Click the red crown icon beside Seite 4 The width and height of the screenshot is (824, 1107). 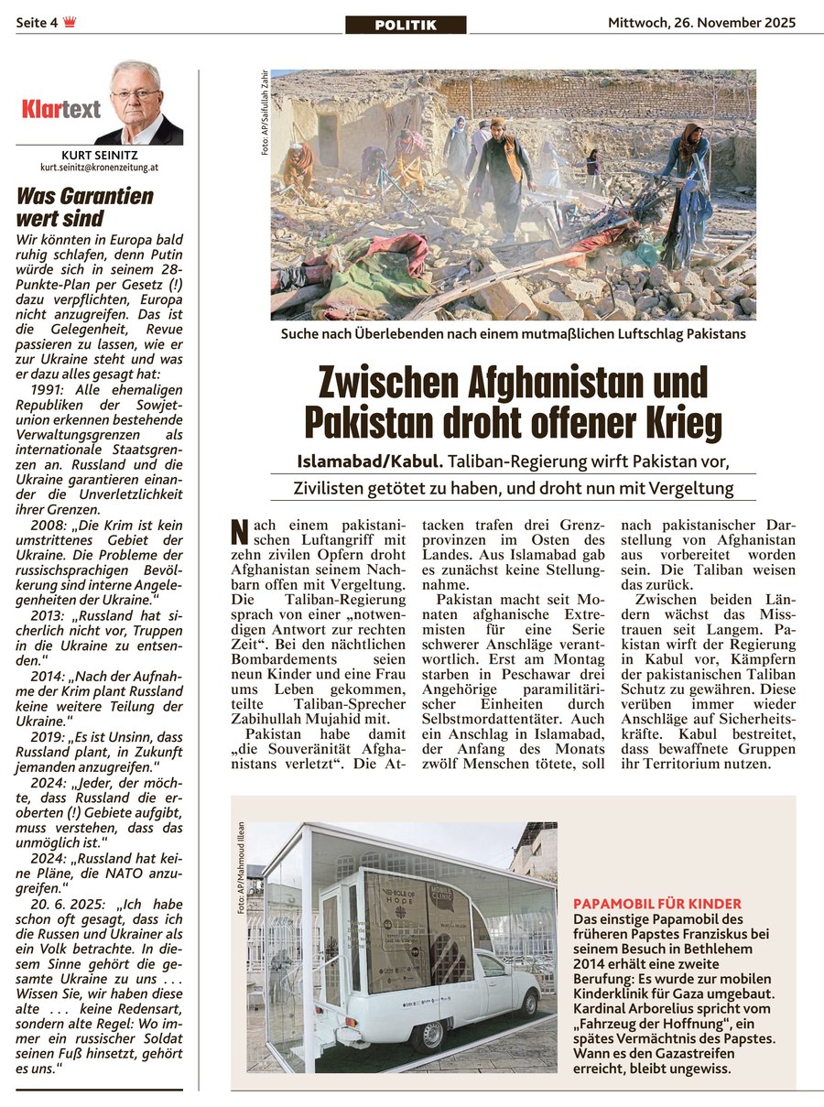coord(70,24)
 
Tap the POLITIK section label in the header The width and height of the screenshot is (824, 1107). coord(406,25)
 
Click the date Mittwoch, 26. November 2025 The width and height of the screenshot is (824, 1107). coord(701,23)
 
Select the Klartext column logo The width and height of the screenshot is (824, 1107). coord(61,111)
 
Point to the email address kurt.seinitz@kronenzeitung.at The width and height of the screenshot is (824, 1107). coord(100,168)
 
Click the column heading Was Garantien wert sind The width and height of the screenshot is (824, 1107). coord(85,207)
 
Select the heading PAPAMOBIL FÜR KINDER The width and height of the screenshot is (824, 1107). coord(656,904)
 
